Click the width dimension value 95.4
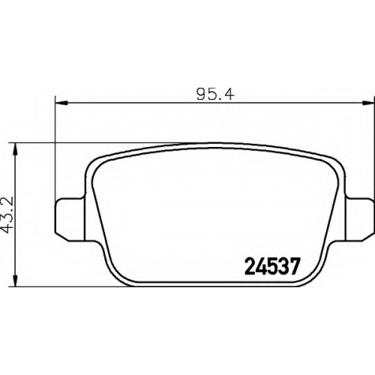coord(215,94)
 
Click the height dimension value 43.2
coord(7,215)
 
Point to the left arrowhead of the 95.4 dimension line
coord(61,103)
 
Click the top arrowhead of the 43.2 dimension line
coord(16,149)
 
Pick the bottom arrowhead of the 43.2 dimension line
coord(16,280)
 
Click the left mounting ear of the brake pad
coord(70,219)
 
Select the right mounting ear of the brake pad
coord(360,219)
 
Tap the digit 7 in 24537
coord(294,266)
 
